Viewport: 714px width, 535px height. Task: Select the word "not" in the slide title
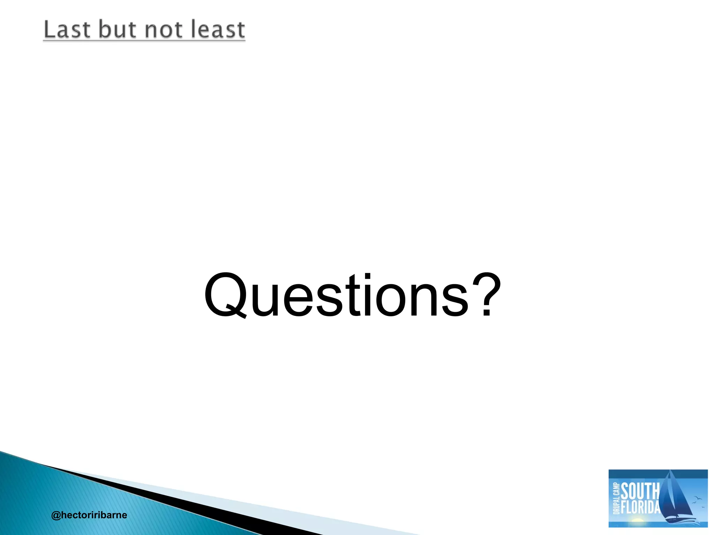pos(164,30)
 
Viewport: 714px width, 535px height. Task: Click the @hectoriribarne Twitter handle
pos(89,515)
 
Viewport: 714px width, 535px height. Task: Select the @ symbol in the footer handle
pos(56,515)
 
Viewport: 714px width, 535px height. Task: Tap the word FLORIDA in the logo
pos(641,507)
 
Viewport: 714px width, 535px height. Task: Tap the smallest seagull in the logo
pos(703,507)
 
